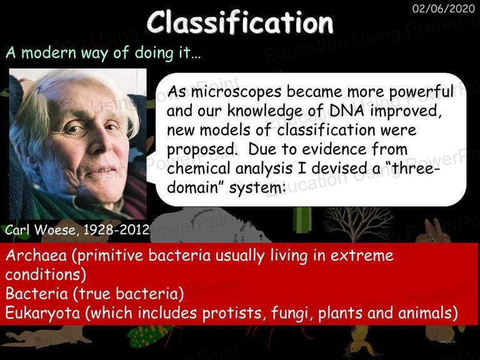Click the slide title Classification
(240, 22)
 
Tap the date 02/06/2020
(443, 8)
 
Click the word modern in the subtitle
(48, 52)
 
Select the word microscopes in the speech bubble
(236, 91)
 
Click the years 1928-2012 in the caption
(116, 229)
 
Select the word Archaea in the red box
(36, 255)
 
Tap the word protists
(232, 313)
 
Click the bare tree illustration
(359, 224)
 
